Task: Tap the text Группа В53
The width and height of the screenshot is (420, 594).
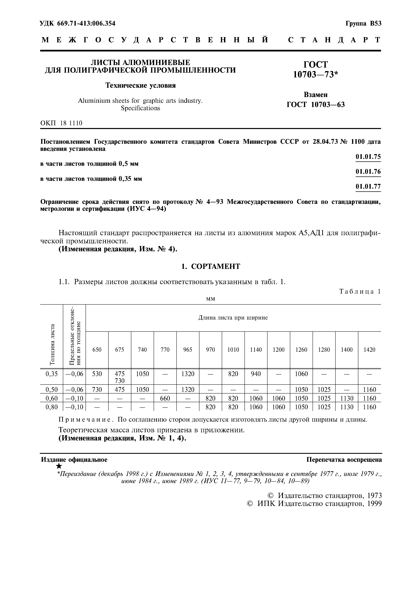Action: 363,24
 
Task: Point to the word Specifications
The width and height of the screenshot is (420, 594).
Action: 140,108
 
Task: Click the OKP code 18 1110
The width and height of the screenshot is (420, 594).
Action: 71,123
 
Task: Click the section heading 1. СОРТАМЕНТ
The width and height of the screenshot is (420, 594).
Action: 210,266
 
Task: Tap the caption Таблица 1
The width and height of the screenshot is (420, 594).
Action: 360,292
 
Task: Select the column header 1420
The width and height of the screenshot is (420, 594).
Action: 369,350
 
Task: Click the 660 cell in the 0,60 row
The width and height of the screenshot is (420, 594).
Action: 165,398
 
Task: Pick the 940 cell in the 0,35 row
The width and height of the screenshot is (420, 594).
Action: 256,374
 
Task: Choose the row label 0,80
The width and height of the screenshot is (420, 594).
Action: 52,407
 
